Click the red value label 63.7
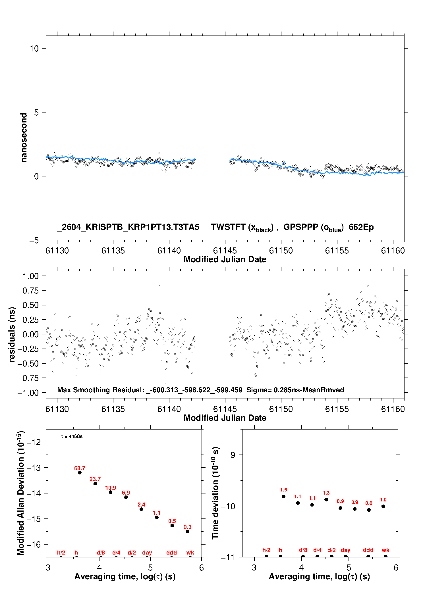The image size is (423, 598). (x=80, y=468)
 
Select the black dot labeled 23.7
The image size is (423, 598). (x=95, y=484)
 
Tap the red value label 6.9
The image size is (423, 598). (x=126, y=493)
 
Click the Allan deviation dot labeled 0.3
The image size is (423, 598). (x=188, y=532)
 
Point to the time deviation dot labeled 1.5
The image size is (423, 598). (x=283, y=497)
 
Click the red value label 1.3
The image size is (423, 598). (x=326, y=493)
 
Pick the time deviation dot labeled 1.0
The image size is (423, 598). (x=383, y=506)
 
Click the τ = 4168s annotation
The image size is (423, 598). (x=72, y=436)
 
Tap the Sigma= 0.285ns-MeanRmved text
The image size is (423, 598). (x=295, y=390)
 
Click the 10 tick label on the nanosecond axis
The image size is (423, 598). (x=34, y=48)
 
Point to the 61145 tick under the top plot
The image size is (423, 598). (x=225, y=251)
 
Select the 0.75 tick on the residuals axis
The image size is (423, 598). (x=30, y=290)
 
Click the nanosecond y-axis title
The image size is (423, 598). (x=24, y=137)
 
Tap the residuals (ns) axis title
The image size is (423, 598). (x=12, y=334)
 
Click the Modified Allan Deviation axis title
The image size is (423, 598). (x=21, y=493)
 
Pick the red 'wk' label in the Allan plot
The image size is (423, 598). (x=190, y=553)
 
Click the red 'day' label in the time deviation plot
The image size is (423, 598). (x=346, y=550)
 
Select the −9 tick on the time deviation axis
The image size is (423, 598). (x=230, y=455)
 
